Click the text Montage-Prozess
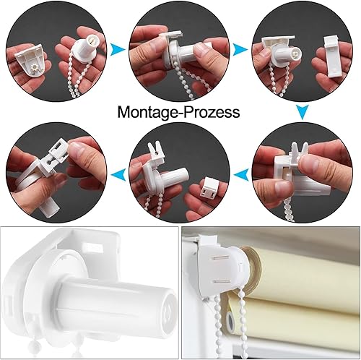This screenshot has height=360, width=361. [x=178, y=112]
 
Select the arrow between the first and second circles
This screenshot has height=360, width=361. [x=118, y=50]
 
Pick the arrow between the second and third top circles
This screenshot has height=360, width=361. [x=240, y=50]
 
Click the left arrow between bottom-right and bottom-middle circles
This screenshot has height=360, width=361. [x=242, y=174]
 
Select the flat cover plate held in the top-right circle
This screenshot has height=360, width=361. [x=331, y=56]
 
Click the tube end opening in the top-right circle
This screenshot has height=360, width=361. [x=295, y=53]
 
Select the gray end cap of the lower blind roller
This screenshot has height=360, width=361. [x=230, y=320]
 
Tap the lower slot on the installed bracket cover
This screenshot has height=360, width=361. [x=222, y=281]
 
